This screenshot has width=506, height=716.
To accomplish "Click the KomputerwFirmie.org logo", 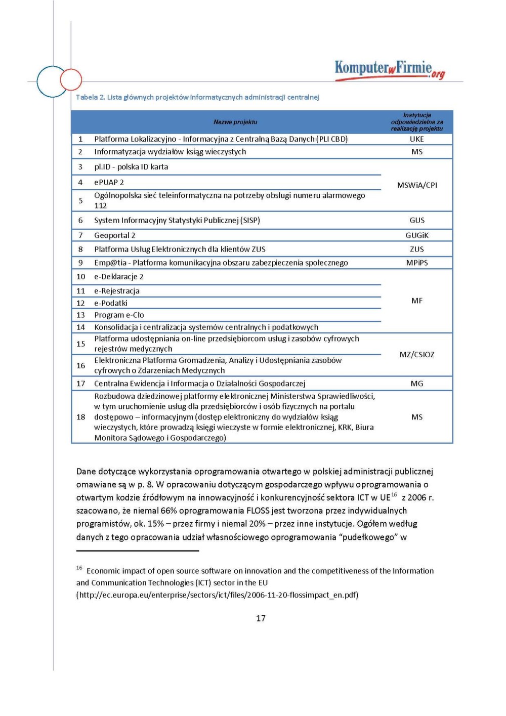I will [x=389, y=69].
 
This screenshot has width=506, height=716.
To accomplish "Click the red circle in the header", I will [x=71, y=79].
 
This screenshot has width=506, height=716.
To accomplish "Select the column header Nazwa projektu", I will [x=235, y=122].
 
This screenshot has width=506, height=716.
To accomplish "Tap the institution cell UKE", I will [x=417, y=139].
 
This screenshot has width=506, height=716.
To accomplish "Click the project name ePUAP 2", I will [x=109, y=182].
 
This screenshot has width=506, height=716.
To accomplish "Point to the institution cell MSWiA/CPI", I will [x=417, y=185].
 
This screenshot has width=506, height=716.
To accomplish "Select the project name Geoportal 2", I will [x=114, y=235].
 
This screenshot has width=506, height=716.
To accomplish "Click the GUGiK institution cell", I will [x=417, y=235].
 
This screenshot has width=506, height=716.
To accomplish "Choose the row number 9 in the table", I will [x=80, y=263].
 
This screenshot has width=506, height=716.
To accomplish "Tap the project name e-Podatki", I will [x=111, y=303].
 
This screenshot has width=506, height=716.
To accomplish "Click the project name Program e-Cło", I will [x=119, y=315].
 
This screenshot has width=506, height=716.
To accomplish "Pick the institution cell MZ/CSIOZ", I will [x=417, y=355].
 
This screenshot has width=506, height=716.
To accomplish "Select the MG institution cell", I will [x=417, y=384].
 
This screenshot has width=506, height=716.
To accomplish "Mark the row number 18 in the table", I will [x=80, y=417].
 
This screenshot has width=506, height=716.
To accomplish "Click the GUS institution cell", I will [x=417, y=220].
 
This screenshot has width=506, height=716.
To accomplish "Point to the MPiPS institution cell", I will [x=417, y=263].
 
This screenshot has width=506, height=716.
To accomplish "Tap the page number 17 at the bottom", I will [x=261, y=618].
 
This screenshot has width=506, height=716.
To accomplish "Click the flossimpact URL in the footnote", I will [x=218, y=595].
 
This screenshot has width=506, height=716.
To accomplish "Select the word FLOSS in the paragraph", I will [x=258, y=511].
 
